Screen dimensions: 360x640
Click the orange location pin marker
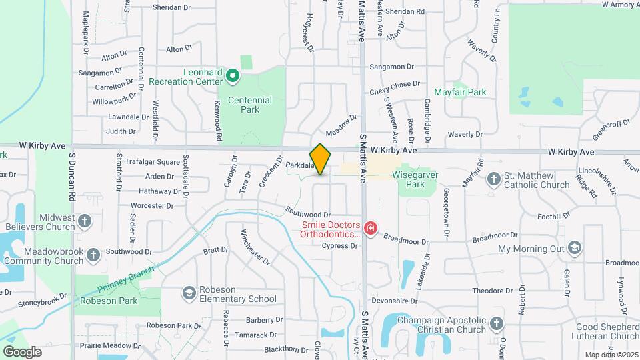click(x=321, y=159)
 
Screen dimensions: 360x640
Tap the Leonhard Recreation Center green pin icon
click(x=233, y=77)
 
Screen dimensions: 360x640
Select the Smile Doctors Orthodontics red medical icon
click(x=371, y=229)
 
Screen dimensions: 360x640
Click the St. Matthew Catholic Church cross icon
click(x=493, y=179)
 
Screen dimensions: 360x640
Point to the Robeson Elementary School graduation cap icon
click(x=189, y=293)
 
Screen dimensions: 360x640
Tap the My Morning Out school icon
click(x=575, y=249)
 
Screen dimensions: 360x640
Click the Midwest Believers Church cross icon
click(x=85, y=221)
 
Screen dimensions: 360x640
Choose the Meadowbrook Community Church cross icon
click(x=93, y=255)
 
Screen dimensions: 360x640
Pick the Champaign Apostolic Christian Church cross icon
click(x=495, y=325)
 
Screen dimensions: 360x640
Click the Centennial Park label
click(x=250, y=105)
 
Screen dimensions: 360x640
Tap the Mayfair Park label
click(x=460, y=92)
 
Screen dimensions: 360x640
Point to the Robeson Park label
click(x=108, y=301)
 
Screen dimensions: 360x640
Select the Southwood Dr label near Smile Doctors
click(x=308, y=214)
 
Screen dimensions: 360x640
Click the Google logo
click(x=22, y=351)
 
